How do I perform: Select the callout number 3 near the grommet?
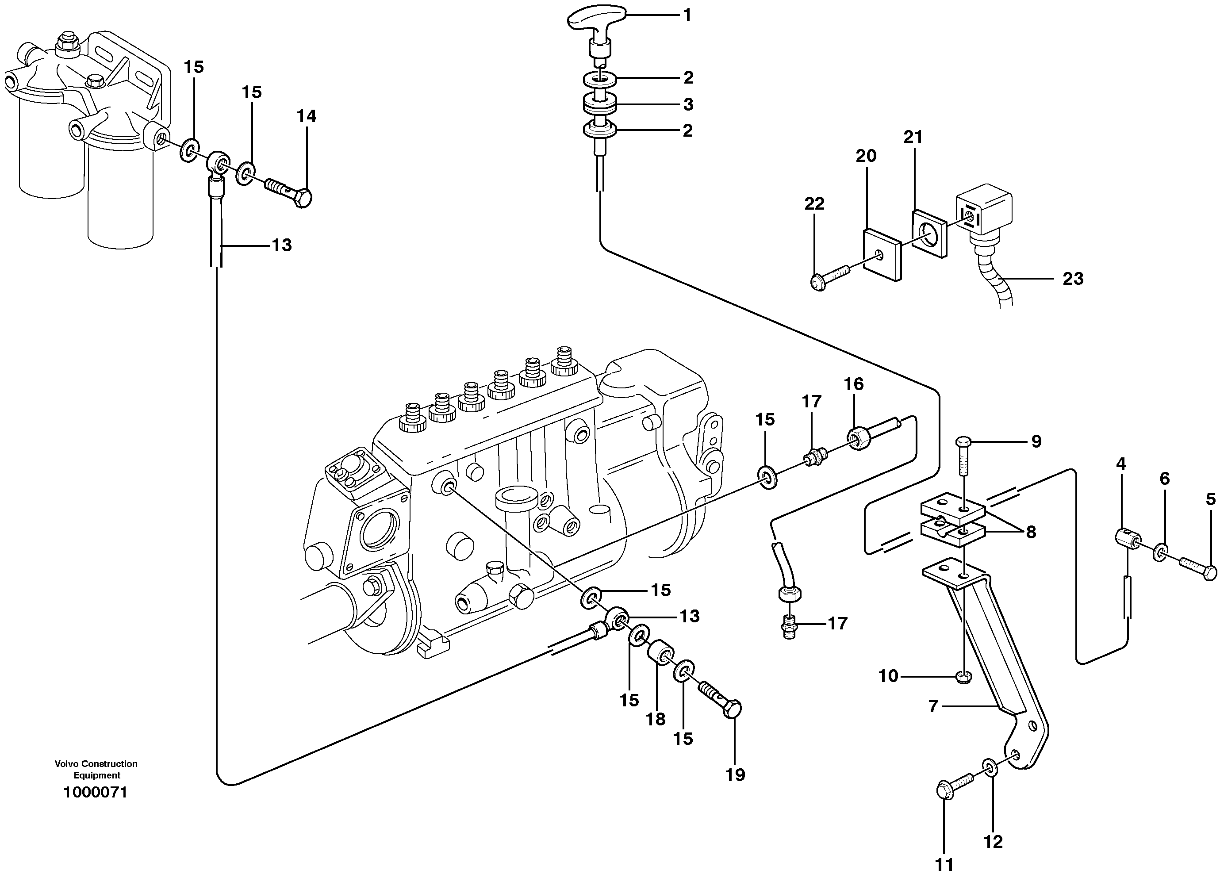688,104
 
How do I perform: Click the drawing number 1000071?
95,792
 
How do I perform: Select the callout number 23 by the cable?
1073,279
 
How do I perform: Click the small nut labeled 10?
963,677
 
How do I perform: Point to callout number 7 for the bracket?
933,706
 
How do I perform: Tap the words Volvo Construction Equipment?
96,769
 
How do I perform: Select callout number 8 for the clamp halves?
1030,532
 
